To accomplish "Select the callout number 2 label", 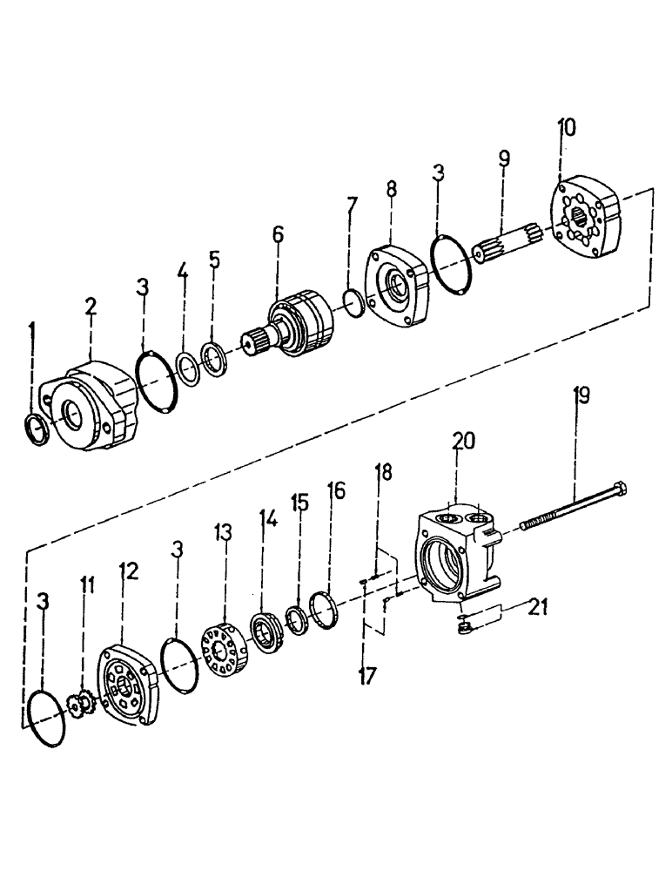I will (x=91, y=307).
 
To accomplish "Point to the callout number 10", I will (x=566, y=127).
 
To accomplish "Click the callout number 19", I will (x=581, y=396).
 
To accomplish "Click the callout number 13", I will (x=225, y=533).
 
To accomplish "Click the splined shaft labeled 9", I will (x=508, y=243).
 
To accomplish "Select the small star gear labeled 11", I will (x=81, y=702).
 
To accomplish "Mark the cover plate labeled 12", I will (x=128, y=685).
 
